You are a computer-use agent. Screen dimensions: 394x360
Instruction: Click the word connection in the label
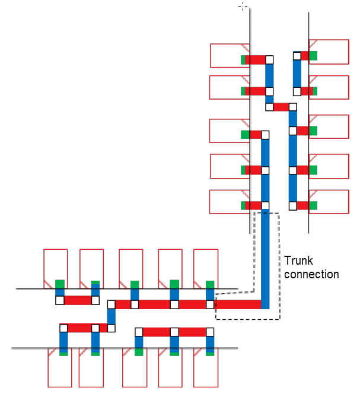pyautogui.click(x=311, y=274)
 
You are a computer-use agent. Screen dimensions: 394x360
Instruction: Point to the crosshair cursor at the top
pyautogui.click(x=243, y=6)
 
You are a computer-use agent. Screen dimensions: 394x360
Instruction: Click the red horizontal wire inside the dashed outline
pyautogui.click(x=237, y=304)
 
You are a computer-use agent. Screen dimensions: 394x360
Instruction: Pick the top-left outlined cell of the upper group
pyautogui.click(x=229, y=55)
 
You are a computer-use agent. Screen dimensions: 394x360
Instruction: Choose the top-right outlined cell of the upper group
pyautogui.click(x=330, y=52)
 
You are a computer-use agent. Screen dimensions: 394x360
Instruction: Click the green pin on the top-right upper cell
pyautogui.click(x=313, y=56)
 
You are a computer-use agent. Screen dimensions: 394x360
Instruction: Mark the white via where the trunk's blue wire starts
pyautogui.click(x=265, y=206)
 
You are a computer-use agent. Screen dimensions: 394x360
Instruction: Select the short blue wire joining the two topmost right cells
pyautogui.click(x=297, y=74)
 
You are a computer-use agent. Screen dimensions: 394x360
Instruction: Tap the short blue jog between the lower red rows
pyautogui.click(x=111, y=315)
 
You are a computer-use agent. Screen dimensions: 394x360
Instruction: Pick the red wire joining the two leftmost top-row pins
pyautogui.click(x=77, y=300)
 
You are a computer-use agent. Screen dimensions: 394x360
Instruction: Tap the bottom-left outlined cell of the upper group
pyautogui.click(x=229, y=202)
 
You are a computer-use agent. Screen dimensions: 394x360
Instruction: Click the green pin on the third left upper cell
pyautogui.click(x=245, y=135)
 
